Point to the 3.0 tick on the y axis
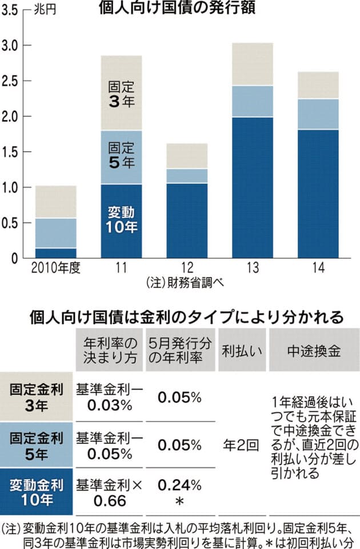tap(10, 45)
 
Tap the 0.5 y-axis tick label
tap(10, 223)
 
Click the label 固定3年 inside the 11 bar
tap(121, 94)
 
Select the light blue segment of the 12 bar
tap(186, 175)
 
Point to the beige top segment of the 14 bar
tap(318, 85)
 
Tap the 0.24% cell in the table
tap(179, 486)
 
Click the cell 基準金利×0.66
tap(107, 492)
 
